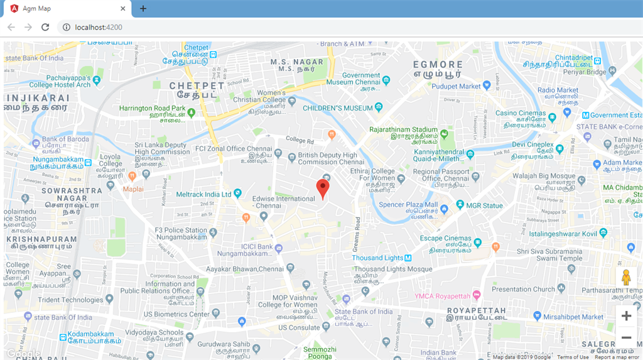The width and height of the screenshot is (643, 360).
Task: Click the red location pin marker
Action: [x=323, y=188]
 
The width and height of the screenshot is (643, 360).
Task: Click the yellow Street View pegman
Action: [x=625, y=277]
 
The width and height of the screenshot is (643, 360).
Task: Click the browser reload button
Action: [x=45, y=27]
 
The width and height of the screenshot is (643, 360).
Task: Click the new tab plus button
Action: [x=143, y=9]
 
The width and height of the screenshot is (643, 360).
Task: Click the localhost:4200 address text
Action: [x=98, y=27]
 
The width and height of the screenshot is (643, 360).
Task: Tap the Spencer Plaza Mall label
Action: [x=409, y=205]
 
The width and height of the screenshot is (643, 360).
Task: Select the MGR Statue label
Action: [x=484, y=205]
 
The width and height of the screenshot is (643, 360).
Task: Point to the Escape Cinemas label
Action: [x=446, y=239]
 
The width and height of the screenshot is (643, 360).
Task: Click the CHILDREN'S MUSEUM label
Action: [x=338, y=108]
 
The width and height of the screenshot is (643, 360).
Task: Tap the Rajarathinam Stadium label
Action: [x=403, y=130]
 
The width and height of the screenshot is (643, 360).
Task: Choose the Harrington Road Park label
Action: [x=153, y=109]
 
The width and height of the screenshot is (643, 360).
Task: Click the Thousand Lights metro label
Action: [x=377, y=258]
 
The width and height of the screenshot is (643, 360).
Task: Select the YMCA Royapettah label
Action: [x=442, y=296]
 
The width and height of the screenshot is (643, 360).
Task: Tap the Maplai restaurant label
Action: [x=133, y=188]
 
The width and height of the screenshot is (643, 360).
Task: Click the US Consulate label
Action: [x=300, y=327]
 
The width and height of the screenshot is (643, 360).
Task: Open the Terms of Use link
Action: [x=573, y=357]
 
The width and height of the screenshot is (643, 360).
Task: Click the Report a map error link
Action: [x=617, y=357]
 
